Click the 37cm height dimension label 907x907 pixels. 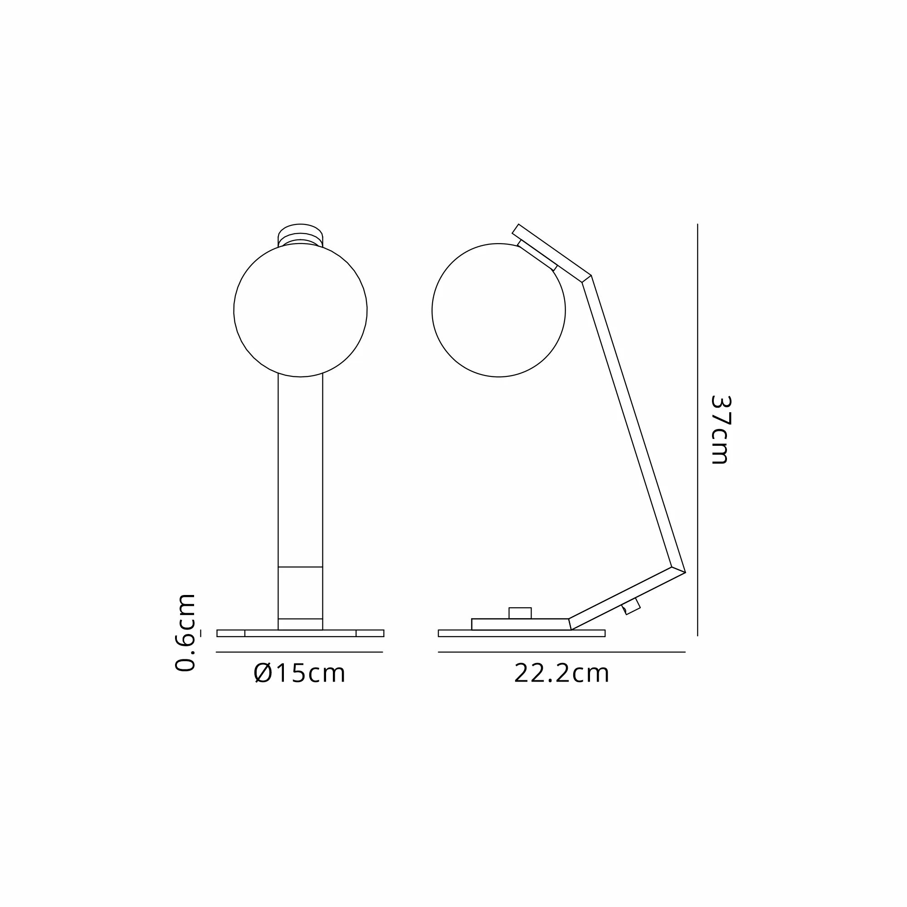click(721, 429)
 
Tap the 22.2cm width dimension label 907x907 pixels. click(561, 673)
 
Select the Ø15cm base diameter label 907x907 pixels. click(299, 673)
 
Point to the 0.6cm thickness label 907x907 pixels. click(185, 632)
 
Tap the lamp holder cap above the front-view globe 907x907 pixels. click(301, 233)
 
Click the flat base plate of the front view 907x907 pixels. click(301, 633)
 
